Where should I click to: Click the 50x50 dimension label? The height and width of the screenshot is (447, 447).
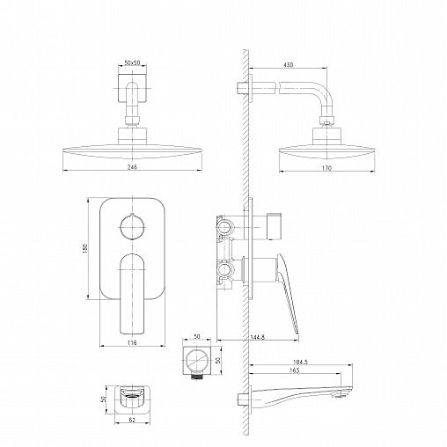point(132,62)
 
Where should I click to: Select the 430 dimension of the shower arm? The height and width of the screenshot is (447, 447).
point(289,65)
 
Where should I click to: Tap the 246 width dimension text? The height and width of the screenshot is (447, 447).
point(132,167)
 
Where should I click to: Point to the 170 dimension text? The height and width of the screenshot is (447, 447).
point(326,168)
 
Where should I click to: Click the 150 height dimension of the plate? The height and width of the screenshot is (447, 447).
point(85,248)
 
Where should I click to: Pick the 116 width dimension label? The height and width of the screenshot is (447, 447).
point(132,342)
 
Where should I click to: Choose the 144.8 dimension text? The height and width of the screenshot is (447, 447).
point(258,337)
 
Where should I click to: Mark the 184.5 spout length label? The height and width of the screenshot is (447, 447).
point(300,362)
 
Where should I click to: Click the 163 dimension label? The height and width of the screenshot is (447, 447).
point(294,370)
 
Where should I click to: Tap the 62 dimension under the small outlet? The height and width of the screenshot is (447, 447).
point(132,420)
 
